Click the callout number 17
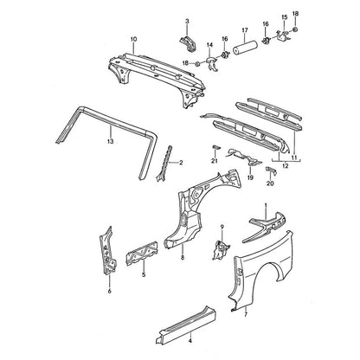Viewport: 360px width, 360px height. [x=245, y=30]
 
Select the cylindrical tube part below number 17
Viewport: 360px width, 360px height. [x=245, y=49]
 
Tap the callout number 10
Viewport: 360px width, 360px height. [x=133, y=39]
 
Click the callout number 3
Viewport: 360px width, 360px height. [x=187, y=21]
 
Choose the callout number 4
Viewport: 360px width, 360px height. [x=190, y=341]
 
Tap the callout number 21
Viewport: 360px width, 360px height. [x=214, y=161]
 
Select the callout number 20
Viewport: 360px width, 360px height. [x=270, y=183]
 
